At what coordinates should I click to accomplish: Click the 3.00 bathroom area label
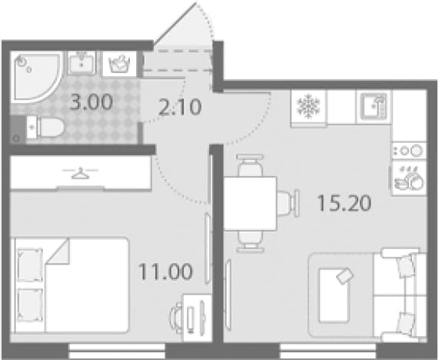click(91, 102)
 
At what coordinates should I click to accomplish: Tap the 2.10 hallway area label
click(180, 107)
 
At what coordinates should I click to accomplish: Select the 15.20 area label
click(344, 203)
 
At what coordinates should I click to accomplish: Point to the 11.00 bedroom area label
click(166, 272)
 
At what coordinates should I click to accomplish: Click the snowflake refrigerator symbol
click(308, 106)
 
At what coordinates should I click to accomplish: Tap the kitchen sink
click(374, 107)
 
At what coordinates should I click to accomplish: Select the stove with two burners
click(409, 152)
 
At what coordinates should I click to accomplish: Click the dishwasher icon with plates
click(409, 178)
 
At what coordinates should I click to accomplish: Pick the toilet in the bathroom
click(45, 128)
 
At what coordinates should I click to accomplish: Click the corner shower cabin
click(36, 76)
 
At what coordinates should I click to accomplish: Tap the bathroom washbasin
click(81, 63)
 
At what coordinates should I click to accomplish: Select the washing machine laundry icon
click(119, 64)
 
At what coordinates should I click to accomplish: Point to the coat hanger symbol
click(81, 173)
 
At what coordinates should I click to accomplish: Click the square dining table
click(251, 203)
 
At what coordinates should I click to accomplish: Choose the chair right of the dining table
click(288, 203)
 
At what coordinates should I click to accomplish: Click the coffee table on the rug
click(334, 295)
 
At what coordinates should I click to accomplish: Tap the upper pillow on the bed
click(30, 265)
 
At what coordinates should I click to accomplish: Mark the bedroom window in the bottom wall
click(117, 351)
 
